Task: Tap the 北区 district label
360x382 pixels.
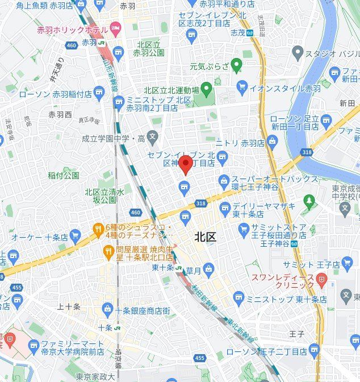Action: coord(205,236)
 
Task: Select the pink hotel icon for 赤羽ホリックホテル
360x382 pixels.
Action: coord(116,28)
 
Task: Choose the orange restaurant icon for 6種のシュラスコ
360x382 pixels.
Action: coord(97,229)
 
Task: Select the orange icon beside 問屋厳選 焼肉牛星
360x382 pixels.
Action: coord(108,251)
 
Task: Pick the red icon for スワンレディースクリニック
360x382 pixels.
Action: coord(323,278)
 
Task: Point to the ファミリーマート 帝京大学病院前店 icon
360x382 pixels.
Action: coord(34,345)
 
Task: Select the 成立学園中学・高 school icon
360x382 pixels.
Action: coord(152,136)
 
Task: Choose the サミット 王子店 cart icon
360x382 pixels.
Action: coord(348,263)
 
